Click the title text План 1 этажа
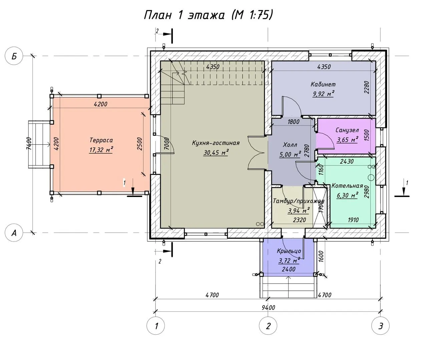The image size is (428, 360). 184,15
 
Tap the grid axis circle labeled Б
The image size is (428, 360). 14,56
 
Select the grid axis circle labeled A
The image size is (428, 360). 14,233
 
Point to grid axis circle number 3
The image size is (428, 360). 380,326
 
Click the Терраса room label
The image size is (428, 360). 101,140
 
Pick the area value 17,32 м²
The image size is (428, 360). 101,150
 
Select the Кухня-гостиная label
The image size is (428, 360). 216,143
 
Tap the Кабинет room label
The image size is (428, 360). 323,84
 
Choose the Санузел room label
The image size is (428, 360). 347,130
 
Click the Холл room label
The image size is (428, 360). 290,145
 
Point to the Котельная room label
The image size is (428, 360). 347,186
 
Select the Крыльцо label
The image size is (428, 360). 289,251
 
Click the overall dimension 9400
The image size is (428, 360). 268,308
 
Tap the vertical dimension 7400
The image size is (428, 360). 29,144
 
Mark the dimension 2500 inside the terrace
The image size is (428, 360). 139,144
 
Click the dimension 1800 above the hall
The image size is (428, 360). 294,122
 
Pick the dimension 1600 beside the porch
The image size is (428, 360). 321,256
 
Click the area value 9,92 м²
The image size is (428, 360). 323,94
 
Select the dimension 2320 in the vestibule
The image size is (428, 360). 300,220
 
